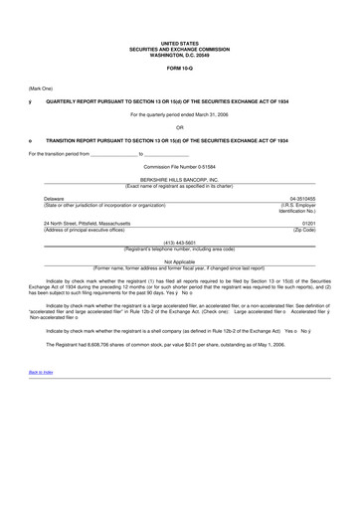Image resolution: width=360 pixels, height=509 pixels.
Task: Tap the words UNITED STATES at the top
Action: tap(179, 44)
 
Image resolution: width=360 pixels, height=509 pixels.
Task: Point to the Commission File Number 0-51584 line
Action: tap(179, 166)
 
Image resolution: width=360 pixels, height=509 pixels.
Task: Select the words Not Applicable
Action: tap(179, 261)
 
